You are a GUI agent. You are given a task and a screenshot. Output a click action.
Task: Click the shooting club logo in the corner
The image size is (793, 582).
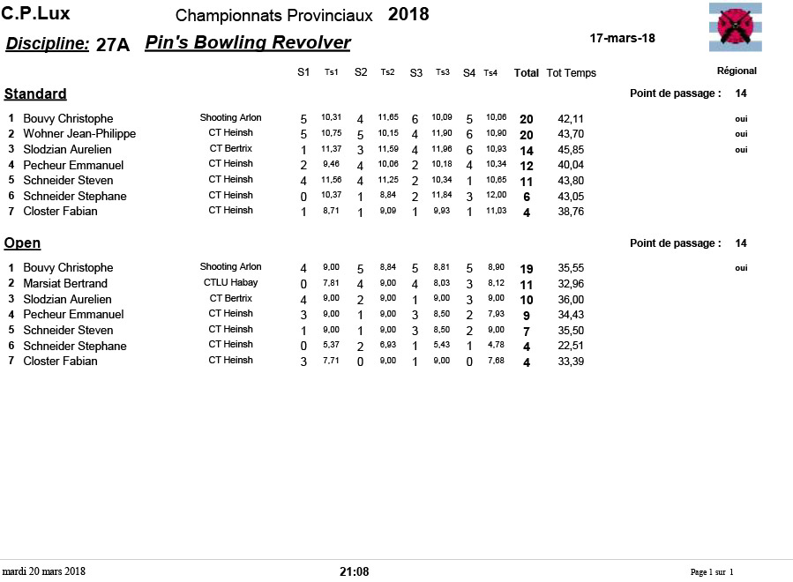(x=735, y=26)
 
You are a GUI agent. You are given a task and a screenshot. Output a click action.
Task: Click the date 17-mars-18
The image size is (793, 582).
(x=622, y=38)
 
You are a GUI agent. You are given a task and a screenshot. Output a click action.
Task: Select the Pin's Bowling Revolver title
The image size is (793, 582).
(x=248, y=43)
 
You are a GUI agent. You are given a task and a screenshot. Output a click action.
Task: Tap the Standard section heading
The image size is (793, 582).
(x=35, y=93)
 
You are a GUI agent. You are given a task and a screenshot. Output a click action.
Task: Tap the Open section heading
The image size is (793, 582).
(x=23, y=242)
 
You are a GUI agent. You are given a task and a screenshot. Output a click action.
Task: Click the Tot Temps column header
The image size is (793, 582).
(x=571, y=73)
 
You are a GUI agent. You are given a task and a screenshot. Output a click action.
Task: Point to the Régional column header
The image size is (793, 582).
(x=737, y=71)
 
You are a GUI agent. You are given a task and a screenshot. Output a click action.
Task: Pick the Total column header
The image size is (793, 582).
(x=527, y=73)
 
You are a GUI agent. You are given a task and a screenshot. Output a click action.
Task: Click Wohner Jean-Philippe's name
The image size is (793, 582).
(x=79, y=134)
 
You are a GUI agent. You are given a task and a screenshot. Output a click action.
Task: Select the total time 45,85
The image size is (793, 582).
(x=571, y=150)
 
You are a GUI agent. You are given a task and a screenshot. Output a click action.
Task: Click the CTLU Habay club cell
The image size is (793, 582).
(x=230, y=282)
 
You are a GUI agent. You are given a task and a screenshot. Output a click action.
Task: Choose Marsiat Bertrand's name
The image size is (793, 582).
(x=65, y=283)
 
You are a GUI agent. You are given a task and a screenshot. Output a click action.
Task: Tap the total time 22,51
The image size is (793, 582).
(x=571, y=346)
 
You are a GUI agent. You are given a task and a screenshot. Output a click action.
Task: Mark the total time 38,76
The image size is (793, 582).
(x=571, y=212)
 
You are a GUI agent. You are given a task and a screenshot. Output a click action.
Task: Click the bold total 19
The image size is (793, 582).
(x=527, y=268)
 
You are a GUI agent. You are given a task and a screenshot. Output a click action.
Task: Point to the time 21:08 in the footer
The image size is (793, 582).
(x=354, y=571)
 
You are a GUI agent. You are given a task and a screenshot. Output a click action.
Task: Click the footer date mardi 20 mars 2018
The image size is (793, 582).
(x=43, y=571)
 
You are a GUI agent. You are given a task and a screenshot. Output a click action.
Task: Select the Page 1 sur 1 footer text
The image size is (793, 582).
(x=711, y=572)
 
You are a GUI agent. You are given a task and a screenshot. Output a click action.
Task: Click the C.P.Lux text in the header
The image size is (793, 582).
(x=36, y=14)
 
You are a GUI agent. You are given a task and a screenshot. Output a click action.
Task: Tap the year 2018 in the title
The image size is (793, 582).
(x=408, y=15)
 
